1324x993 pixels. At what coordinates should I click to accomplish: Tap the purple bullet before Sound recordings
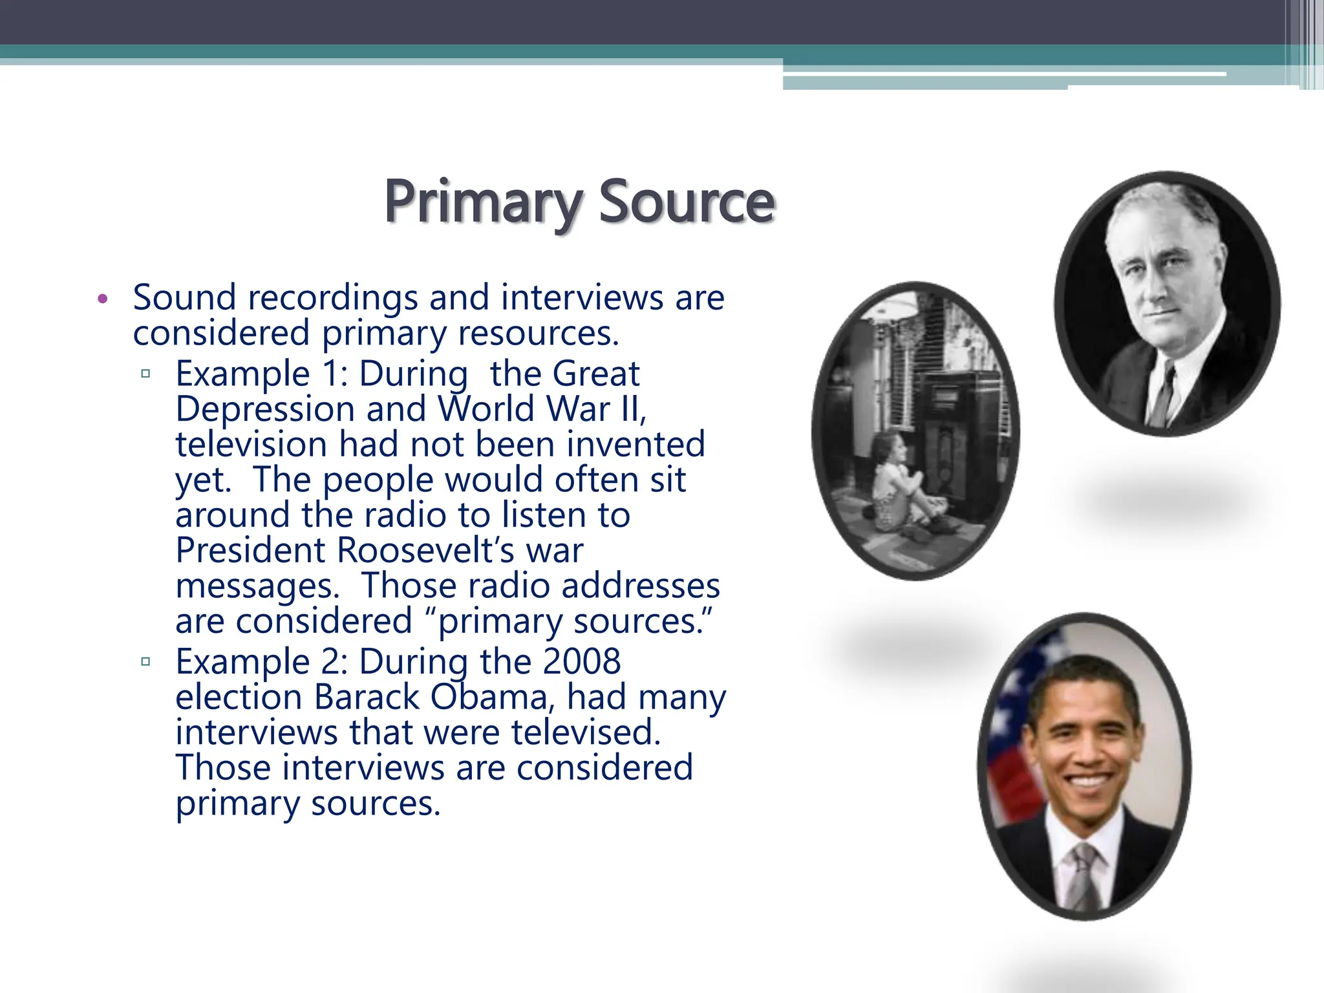tap(102, 299)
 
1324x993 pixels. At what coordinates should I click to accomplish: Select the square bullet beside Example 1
tap(145, 374)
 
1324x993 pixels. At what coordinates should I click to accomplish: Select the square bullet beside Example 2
tap(145, 661)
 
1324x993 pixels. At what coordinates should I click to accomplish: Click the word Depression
tap(265, 410)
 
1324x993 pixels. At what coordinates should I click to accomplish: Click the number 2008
tap(581, 661)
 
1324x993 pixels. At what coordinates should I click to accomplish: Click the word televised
tap(586, 732)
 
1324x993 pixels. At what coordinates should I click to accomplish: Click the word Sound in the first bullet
tap(184, 298)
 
